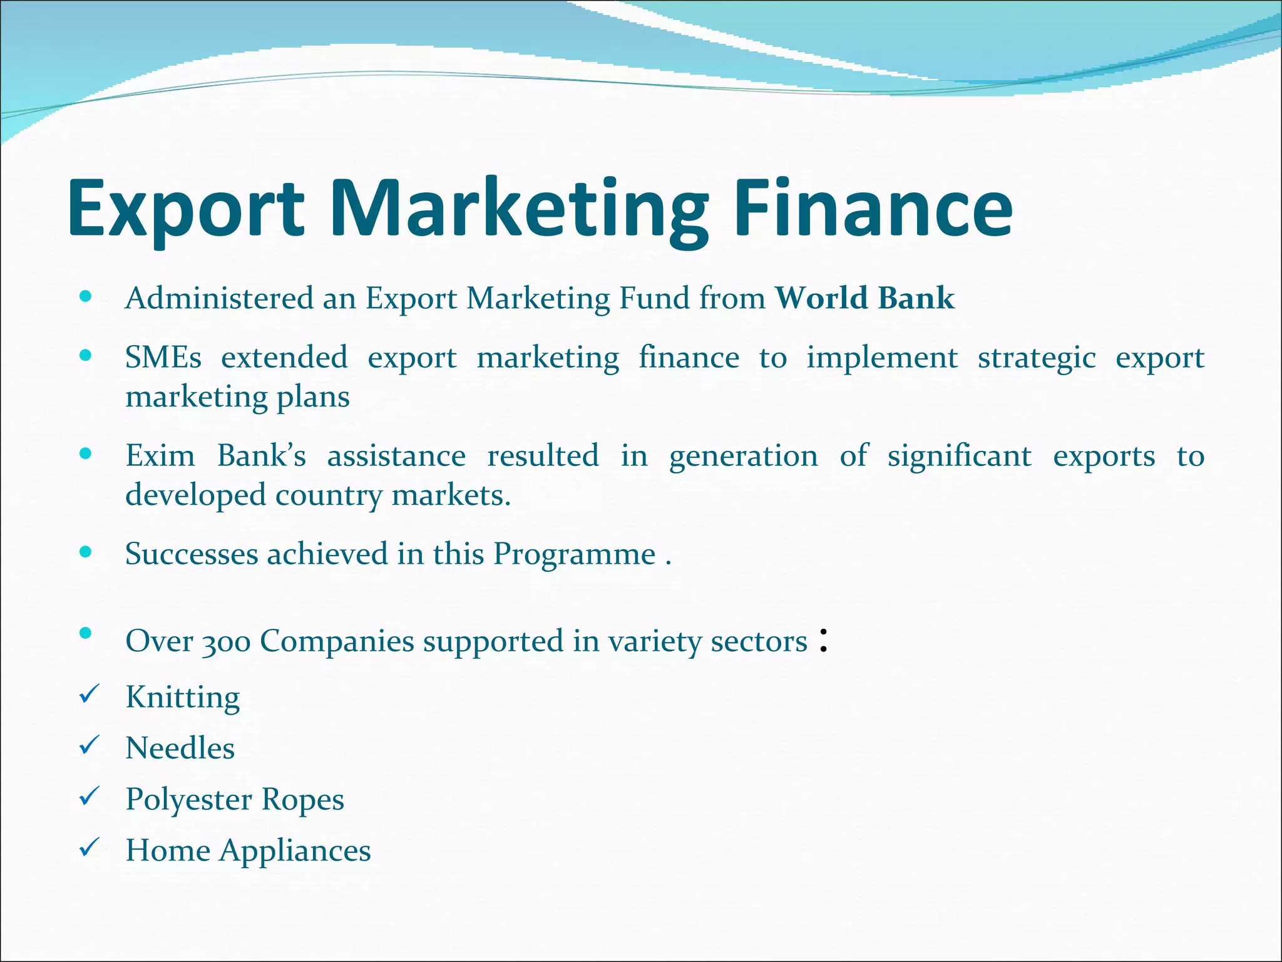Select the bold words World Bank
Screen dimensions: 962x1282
click(x=865, y=297)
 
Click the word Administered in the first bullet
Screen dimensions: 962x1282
click(x=219, y=297)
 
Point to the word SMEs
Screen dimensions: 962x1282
click(x=163, y=358)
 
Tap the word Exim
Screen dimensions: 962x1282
click(x=160, y=455)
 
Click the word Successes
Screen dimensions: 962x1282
click(x=192, y=554)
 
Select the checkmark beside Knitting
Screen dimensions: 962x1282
click(x=90, y=694)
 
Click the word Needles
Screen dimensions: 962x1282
click(x=180, y=748)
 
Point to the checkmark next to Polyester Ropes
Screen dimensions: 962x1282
click(x=90, y=796)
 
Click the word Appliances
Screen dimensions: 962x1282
click(x=295, y=851)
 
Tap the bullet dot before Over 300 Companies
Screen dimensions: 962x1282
click(x=86, y=633)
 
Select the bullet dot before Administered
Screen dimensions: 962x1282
click(x=86, y=296)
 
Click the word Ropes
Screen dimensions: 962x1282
click(x=302, y=799)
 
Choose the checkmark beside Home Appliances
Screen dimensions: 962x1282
click(x=90, y=847)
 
